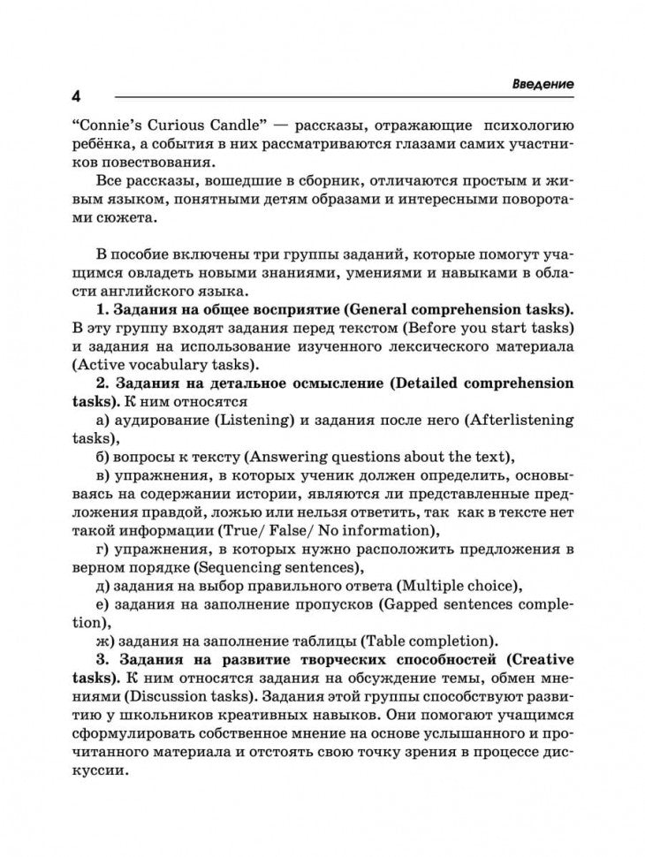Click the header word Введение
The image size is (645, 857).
[543, 83]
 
